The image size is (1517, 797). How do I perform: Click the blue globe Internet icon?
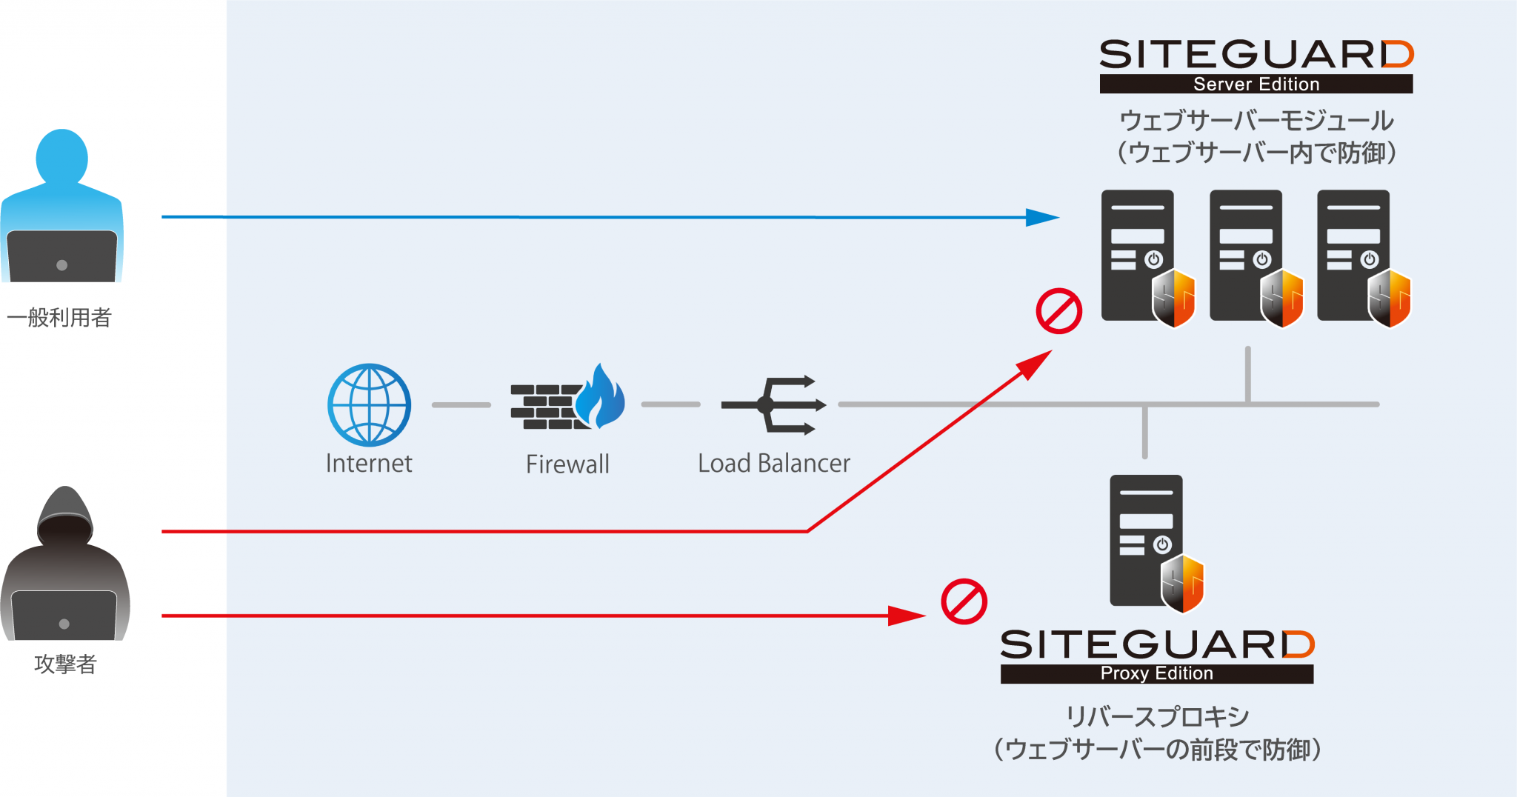coord(369,404)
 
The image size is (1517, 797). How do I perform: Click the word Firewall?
coord(567,464)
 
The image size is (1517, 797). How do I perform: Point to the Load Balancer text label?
coord(773,464)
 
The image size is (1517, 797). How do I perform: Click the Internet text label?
coord(369,464)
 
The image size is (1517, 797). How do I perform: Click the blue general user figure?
coord(62,207)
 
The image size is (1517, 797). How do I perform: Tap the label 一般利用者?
coord(59,318)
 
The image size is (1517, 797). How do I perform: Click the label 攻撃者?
coord(65,664)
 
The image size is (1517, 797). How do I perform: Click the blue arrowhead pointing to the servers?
coord(1041,218)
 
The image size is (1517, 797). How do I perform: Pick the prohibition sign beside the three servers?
coord(1058,311)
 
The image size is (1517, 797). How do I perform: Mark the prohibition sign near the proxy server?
coord(964,601)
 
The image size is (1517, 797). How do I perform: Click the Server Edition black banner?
coord(1256,84)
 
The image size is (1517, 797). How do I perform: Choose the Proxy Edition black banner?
coord(1156,673)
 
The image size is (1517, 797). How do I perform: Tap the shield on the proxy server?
coord(1182,584)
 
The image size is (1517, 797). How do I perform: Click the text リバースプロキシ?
coord(1157,716)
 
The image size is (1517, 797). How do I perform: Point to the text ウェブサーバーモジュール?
coord(1256,120)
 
